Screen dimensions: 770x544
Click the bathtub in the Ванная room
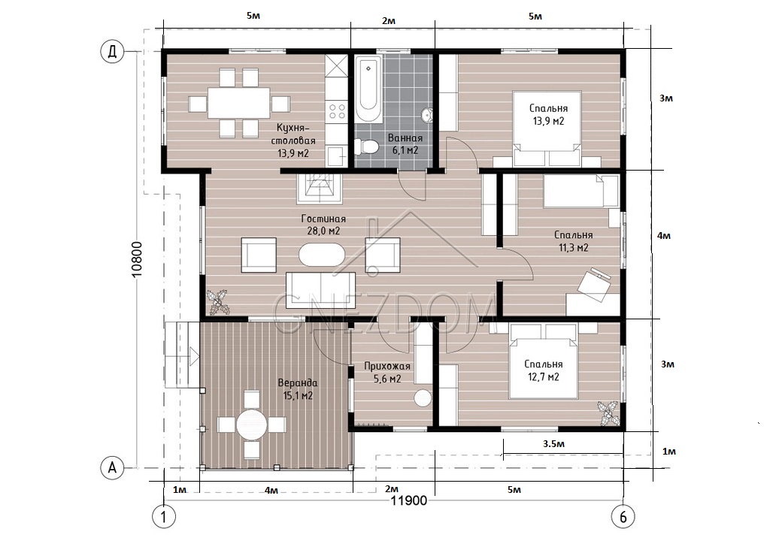[368, 89]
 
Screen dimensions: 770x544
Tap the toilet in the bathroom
[366, 147]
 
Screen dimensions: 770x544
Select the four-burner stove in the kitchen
[336, 111]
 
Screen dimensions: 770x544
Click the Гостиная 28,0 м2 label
[323, 225]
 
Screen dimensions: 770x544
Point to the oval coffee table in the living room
[320, 253]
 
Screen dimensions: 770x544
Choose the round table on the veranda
[251, 423]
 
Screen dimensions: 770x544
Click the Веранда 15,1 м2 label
[298, 389]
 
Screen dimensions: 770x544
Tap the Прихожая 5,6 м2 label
[387, 373]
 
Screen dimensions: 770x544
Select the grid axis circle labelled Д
[113, 52]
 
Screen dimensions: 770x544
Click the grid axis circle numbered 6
[623, 517]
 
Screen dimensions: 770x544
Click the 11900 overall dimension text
[408, 501]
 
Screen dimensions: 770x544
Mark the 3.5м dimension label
[553, 444]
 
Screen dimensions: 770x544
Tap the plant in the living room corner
[218, 302]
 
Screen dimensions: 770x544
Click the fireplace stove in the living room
[319, 189]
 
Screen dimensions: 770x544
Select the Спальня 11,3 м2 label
[573, 241]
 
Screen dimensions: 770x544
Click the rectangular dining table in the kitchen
[238, 103]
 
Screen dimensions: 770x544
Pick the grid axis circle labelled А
[113, 468]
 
